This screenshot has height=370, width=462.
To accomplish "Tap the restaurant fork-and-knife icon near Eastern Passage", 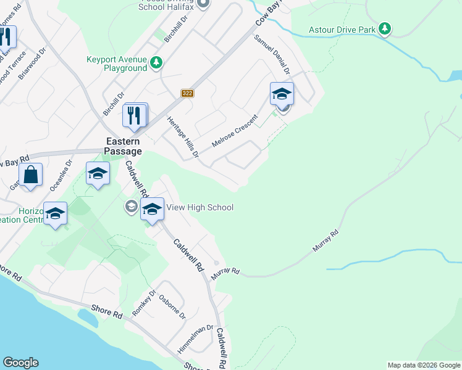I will (135, 115).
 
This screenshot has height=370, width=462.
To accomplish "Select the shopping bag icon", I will (30, 175).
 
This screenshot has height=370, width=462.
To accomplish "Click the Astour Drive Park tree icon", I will (385, 28).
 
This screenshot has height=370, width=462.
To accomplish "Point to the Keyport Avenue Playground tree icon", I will (157, 62).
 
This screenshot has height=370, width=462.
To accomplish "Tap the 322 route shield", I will (188, 93).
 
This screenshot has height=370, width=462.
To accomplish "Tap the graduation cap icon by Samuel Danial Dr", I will (282, 94).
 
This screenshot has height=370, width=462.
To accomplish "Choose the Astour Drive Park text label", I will (342, 29).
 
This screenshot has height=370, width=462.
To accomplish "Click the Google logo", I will (20, 363).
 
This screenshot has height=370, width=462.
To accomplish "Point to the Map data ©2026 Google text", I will (424, 365).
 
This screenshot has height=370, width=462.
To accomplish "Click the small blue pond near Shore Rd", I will (88, 318).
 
